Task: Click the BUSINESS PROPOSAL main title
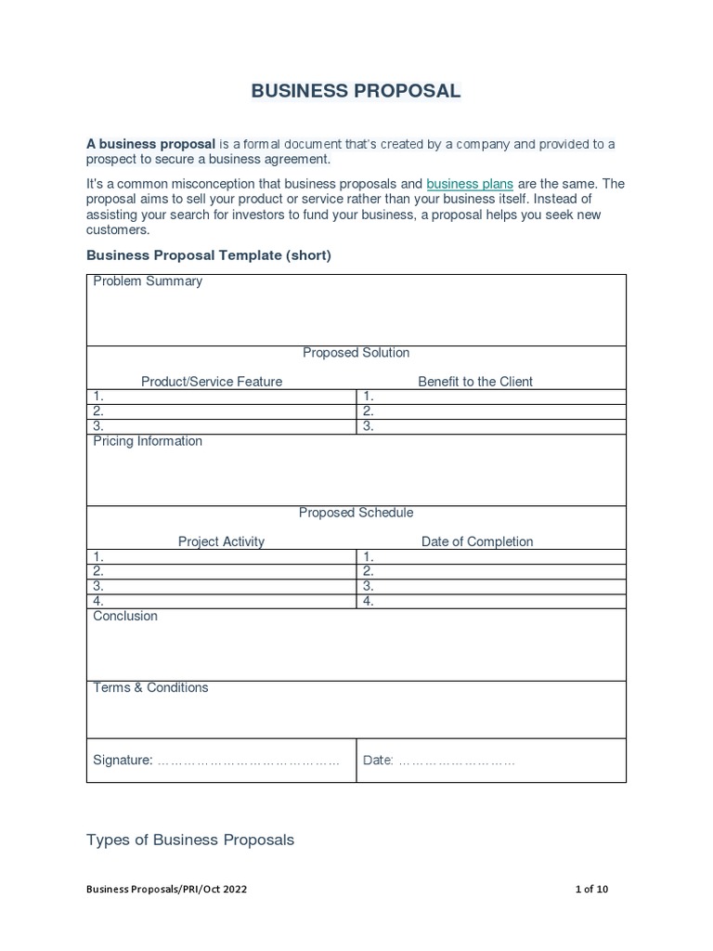coord(356,91)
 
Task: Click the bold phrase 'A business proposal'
coord(150,144)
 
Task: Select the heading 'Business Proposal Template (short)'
coord(208,255)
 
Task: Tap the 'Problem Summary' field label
coord(148,281)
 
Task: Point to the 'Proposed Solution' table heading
coord(356,353)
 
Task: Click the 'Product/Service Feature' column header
coord(212,381)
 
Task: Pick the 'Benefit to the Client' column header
coord(475,381)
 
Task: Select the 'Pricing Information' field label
coord(148,441)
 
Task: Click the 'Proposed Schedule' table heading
coord(356,513)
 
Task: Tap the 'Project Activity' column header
coord(221,541)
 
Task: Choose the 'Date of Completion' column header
coord(477,541)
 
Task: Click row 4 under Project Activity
coord(221,601)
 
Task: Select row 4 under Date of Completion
coord(491,601)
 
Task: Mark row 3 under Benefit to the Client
coord(491,426)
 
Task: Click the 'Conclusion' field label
coord(125,616)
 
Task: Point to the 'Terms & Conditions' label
coord(150,687)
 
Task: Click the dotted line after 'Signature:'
coord(248,761)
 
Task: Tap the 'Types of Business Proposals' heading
coord(190,840)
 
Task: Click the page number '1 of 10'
coord(591,889)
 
